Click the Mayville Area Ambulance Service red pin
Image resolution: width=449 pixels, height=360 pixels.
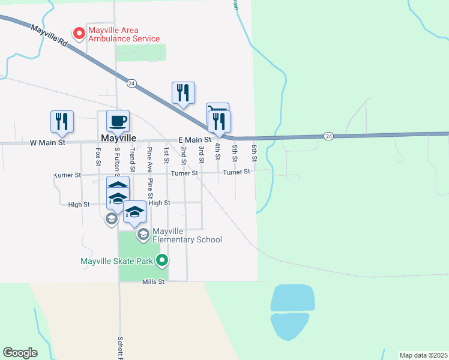(x=78, y=33)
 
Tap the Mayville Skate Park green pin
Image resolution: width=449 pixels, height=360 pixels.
(x=161, y=260)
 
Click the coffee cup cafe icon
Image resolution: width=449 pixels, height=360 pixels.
(x=118, y=120)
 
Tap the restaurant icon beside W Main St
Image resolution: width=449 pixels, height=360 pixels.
(x=62, y=121)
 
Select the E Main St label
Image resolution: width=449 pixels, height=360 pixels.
(x=194, y=140)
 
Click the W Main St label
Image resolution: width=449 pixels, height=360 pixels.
(x=46, y=143)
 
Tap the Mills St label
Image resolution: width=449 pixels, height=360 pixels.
(x=153, y=281)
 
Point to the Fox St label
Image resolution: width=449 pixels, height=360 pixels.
(x=98, y=158)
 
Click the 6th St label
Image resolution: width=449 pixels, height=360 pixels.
(x=255, y=152)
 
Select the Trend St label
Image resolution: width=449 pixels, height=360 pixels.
(x=131, y=157)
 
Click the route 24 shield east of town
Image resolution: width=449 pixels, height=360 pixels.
(x=328, y=136)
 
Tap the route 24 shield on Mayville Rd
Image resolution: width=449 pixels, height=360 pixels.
(x=132, y=83)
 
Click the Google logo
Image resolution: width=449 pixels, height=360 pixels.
(x=20, y=353)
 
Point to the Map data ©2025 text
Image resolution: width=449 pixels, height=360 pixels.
(x=423, y=355)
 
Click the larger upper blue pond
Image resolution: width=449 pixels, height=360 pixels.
(x=293, y=298)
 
